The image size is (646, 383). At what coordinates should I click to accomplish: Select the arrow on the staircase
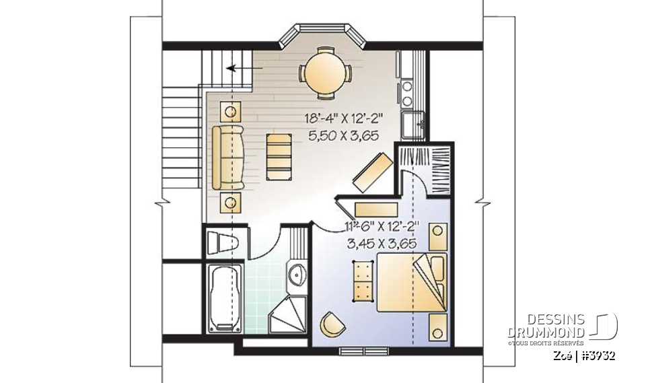(242, 68)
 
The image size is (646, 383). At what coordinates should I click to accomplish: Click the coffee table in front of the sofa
(279, 156)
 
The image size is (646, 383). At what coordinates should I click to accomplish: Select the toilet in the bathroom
(221, 242)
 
